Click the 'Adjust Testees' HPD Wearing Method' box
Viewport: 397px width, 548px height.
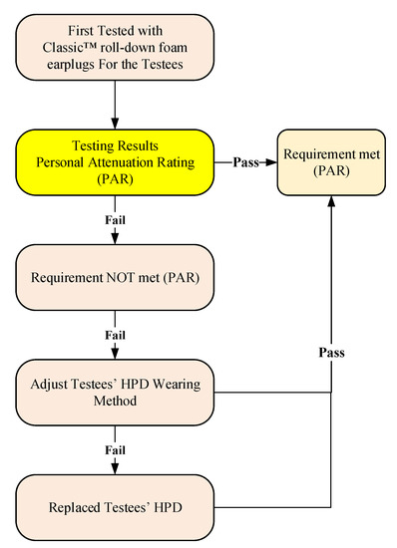click(118, 391)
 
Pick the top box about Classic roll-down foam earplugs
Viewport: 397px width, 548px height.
click(118, 47)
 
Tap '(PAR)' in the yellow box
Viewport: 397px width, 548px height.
click(118, 179)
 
